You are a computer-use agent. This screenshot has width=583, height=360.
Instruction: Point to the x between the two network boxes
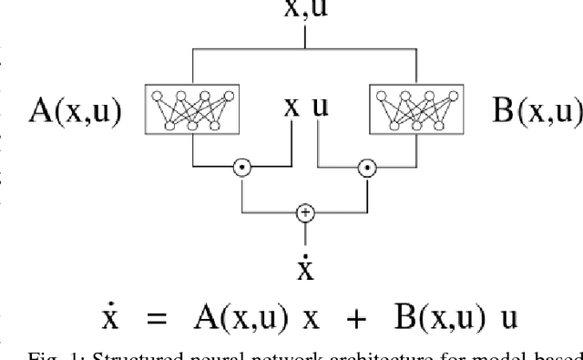pyautogui.click(x=291, y=107)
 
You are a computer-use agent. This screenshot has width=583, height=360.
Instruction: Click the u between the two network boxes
pyautogui.click(x=319, y=107)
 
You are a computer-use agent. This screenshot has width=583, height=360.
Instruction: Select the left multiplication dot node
pyautogui.click(x=241, y=168)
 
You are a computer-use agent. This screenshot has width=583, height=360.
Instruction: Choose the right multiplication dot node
pyautogui.click(x=366, y=168)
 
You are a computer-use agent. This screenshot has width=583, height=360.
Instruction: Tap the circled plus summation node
pyautogui.click(x=305, y=212)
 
